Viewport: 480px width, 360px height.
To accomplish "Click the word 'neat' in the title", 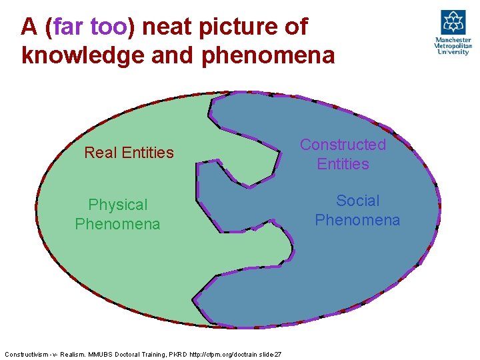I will [167, 27].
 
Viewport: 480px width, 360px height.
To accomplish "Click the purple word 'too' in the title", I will [109, 27].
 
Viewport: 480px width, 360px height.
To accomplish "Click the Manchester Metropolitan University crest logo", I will [453, 22].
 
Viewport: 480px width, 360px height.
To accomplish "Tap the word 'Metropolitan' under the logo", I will [453, 46].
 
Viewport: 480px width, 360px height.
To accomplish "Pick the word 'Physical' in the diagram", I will [118, 205].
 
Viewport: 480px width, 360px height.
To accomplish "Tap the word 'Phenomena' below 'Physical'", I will [117, 224].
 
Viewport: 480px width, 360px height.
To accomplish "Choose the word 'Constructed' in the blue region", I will [343, 145].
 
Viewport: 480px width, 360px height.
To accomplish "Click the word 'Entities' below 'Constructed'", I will [343, 164].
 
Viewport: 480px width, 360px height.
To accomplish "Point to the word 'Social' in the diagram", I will [357, 201].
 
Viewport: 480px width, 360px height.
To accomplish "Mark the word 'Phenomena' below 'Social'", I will [357, 220].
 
